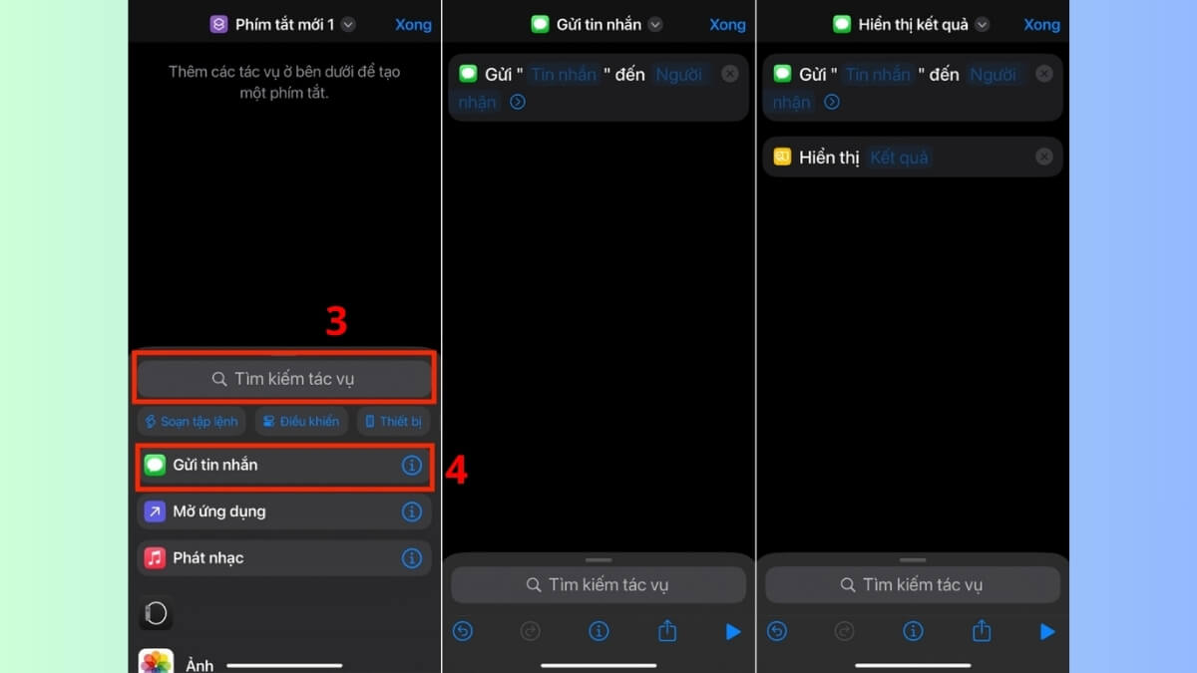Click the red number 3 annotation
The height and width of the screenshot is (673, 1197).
(336, 321)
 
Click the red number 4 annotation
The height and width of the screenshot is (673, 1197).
(456, 470)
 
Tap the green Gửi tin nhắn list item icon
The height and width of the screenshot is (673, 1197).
(155, 465)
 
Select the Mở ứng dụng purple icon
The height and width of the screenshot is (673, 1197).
(155, 511)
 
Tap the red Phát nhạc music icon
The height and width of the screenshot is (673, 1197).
(155, 557)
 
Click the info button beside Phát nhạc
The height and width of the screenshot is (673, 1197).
(411, 558)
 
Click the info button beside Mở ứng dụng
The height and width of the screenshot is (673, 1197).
(411, 511)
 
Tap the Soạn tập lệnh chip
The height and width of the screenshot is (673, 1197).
(192, 422)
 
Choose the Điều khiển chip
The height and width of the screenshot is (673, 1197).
(300, 422)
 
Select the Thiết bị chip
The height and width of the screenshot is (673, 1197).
(393, 422)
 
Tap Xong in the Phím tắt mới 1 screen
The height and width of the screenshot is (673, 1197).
(413, 25)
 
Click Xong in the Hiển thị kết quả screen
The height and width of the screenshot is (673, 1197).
(1041, 25)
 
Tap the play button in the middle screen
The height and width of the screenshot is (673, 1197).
(733, 631)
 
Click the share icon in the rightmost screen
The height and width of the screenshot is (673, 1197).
(982, 630)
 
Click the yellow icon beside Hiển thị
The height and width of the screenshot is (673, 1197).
(782, 157)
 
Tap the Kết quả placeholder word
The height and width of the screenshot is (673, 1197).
(899, 158)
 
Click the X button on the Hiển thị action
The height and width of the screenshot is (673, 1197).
(1043, 157)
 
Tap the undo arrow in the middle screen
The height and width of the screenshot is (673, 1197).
(462, 631)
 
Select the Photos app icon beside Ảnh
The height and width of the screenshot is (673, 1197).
(156, 662)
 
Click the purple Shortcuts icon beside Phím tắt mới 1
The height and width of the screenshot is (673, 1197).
(218, 25)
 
